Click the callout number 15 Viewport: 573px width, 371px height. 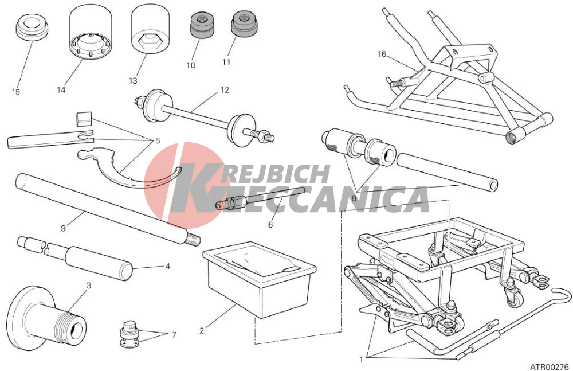pos(15,92)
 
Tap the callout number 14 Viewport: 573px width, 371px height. pos(61,89)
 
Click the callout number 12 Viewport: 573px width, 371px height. pos(225,90)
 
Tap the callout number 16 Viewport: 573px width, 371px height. pos(382,54)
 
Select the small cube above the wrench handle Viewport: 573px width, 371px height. pos(84,119)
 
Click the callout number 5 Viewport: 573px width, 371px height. pos(158,141)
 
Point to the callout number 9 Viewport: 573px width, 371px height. pos(63,228)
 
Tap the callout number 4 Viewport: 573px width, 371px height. pos(168,267)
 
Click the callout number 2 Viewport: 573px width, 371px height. pos(201,331)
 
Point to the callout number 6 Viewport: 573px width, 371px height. pos(270,225)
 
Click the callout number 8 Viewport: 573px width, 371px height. pos(354,198)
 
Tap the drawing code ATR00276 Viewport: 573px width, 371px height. pos(550,366)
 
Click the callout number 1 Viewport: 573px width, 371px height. pos(361,360)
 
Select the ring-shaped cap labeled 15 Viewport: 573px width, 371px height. pos(32,27)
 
